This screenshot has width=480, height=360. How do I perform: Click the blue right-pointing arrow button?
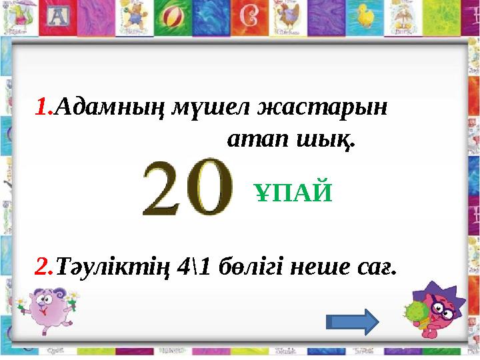point(353,321)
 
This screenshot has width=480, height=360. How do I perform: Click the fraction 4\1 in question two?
point(198,267)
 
